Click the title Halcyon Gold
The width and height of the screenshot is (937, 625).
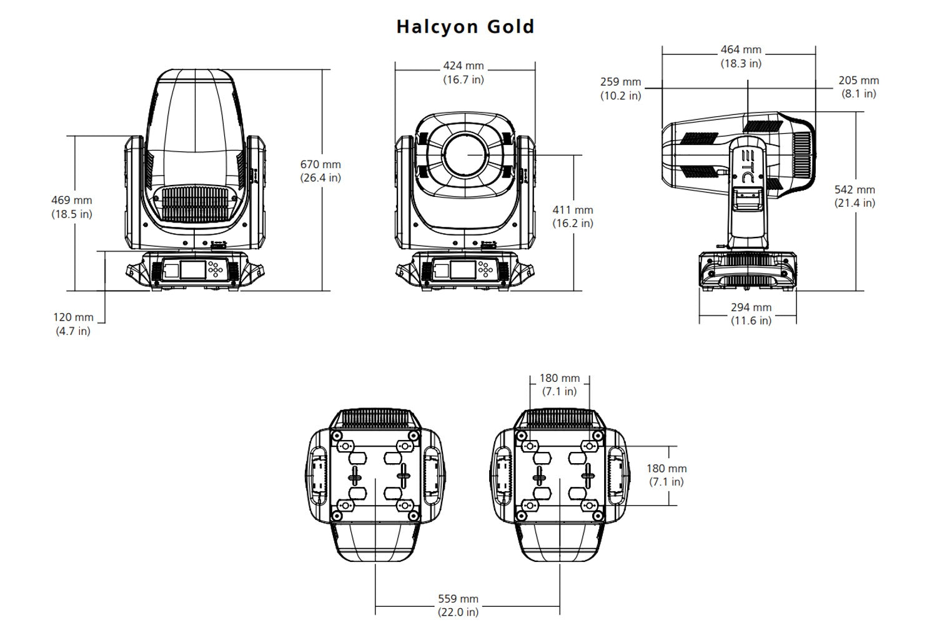[x=465, y=27]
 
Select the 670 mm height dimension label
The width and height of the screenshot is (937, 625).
[x=320, y=171]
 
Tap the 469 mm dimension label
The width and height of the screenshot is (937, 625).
[x=71, y=207]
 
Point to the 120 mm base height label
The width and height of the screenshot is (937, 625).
[x=73, y=324]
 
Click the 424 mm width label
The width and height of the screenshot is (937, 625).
[x=464, y=72]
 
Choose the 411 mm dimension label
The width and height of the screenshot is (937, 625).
[x=573, y=216]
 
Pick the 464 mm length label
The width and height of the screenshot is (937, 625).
[x=741, y=56]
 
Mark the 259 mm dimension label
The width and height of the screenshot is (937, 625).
[x=621, y=89]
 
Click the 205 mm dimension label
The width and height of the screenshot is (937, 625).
[x=858, y=87]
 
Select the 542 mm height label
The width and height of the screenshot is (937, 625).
[x=855, y=196]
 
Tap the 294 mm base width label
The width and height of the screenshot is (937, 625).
[x=751, y=314]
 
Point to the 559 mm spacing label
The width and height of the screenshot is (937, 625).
[x=458, y=606]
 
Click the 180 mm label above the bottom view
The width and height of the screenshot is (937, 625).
[x=559, y=384]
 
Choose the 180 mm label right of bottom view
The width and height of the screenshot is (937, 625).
[x=667, y=474]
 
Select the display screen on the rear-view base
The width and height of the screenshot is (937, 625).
[x=192, y=269]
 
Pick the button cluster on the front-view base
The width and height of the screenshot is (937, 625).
[x=485, y=269]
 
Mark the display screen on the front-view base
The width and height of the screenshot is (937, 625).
[x=463, y=269]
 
